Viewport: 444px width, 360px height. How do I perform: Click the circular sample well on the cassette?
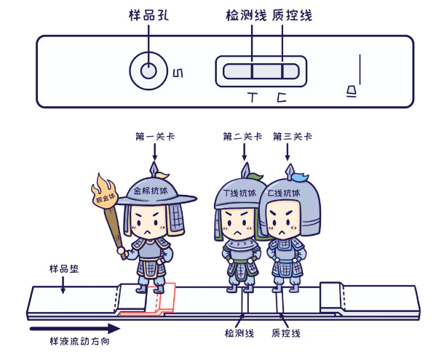coord(148,71)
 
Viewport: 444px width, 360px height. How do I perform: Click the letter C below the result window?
coord(282,96)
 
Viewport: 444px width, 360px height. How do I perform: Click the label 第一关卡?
coord(155,136)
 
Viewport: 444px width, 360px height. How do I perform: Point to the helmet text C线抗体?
coord(285,193)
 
